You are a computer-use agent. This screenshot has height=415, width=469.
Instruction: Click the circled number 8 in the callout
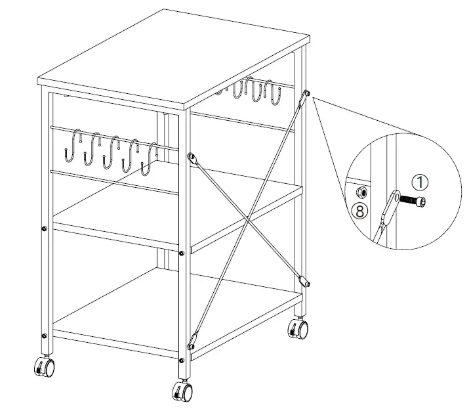pyautogui.click(x=359, y=211)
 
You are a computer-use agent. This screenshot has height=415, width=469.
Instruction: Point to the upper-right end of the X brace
pyautogui.click(x=303, y=98)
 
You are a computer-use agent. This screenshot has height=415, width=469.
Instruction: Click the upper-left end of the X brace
pyautogui.click(x=191, y=158)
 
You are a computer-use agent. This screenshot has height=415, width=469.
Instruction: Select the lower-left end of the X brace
pyautogui.click(x=192, y=344)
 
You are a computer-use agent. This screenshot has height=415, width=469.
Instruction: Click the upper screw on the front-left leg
pyautogui.click(x=43, y=229)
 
